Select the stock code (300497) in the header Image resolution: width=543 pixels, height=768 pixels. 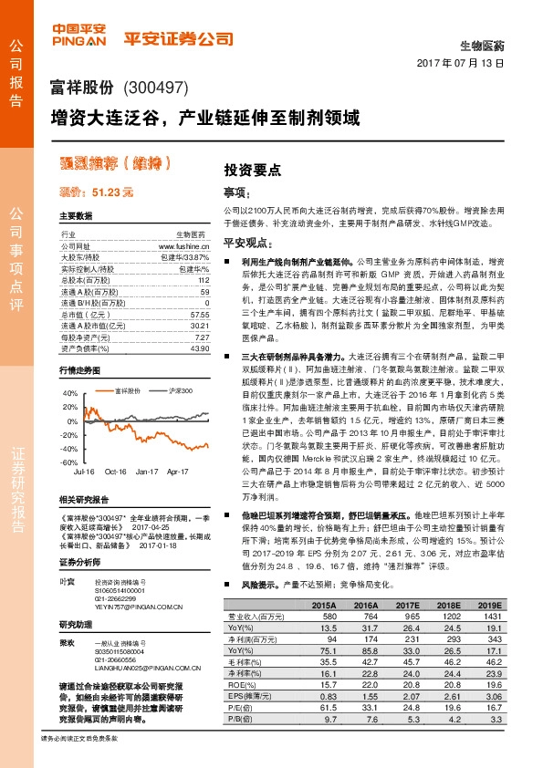tap(155, 88)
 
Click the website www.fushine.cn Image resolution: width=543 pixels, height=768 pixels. tap(184, 246)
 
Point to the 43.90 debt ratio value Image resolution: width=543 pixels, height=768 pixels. tap(200, 349)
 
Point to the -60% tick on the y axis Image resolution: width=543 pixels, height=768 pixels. tap(69, 463)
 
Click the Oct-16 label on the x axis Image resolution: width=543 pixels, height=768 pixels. tap(116, 472)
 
